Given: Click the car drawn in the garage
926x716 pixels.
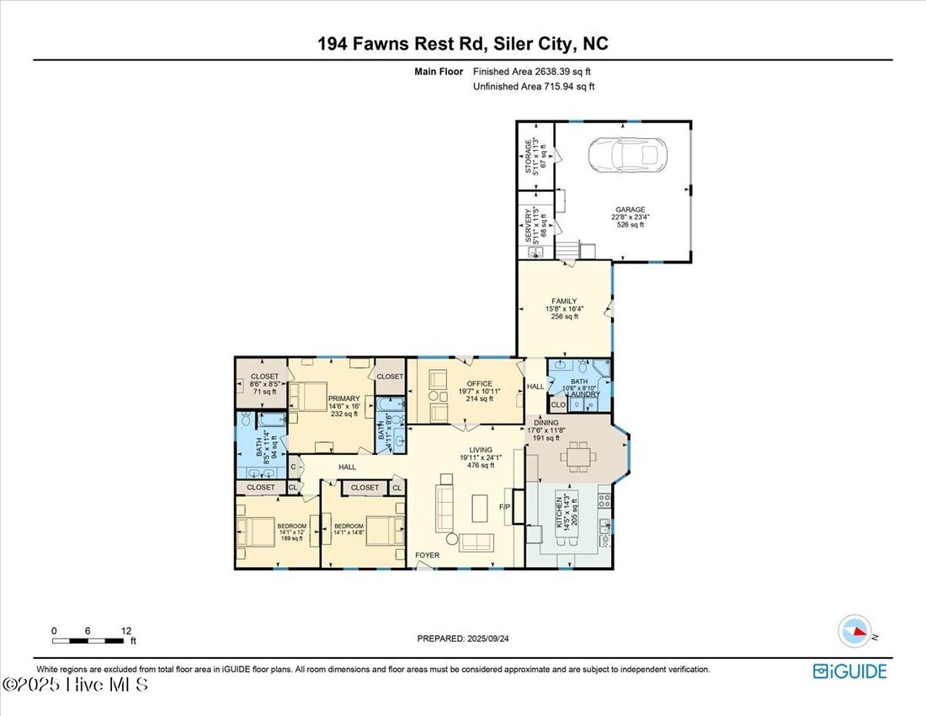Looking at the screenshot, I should [623, 153].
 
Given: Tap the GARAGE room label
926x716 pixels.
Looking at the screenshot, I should [630, 210].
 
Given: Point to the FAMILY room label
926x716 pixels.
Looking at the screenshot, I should [564, 301].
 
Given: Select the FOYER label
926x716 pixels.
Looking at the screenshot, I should [428, 555].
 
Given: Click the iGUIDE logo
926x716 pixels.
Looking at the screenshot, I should [849, 671].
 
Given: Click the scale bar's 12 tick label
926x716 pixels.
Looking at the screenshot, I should [125, 630].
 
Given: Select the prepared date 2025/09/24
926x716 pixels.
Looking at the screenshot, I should [463, 639].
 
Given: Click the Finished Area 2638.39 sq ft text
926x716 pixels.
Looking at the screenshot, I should [538, 72].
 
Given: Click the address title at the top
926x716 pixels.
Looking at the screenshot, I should [462, 43].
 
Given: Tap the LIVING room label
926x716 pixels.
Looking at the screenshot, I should [476, 450].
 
